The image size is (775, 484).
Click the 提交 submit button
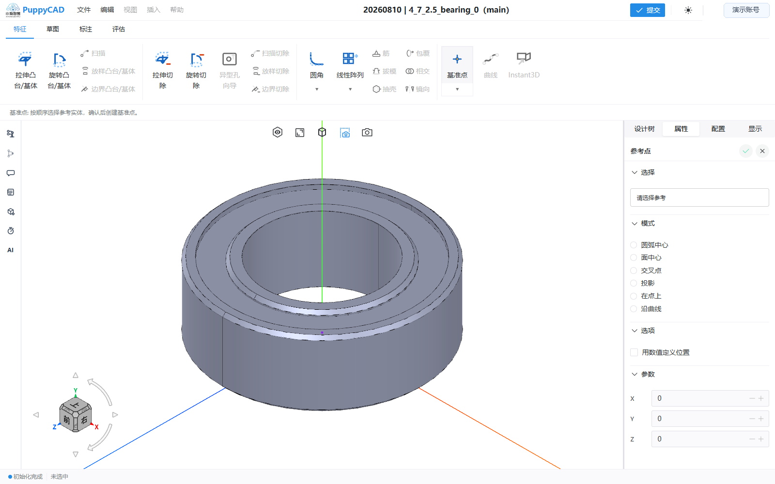pos(647,10)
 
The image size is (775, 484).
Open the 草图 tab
pos(53,29)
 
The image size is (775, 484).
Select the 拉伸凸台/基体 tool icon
pos(25,59)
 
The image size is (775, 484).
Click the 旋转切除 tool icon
pos(196,59)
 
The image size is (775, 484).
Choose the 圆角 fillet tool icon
pos(316,59)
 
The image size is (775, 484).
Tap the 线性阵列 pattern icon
pos(350,59)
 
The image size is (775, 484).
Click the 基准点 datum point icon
pos(457,59)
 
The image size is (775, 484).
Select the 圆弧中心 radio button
pos(634,245)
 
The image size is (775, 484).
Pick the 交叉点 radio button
pos(634,271)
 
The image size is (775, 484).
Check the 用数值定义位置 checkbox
pos(634,352)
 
